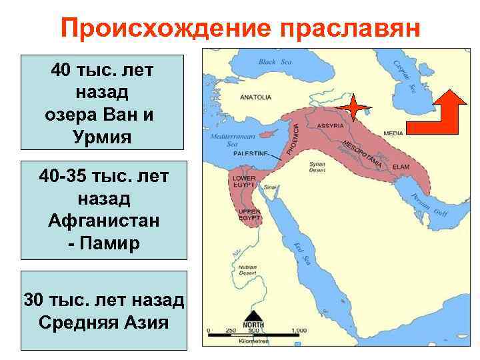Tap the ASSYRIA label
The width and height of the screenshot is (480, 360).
pyautogui.click(x=330, y=125)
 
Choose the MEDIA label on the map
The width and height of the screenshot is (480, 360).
pyautogui.click(x=393, y=133)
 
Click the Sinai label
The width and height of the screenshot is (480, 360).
pyautogui.click(x=270, y=188)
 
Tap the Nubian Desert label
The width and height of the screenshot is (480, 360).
pyautogui.click(x=247, y=269)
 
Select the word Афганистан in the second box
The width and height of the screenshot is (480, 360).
pyautogui.click(x=103, y=220)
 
